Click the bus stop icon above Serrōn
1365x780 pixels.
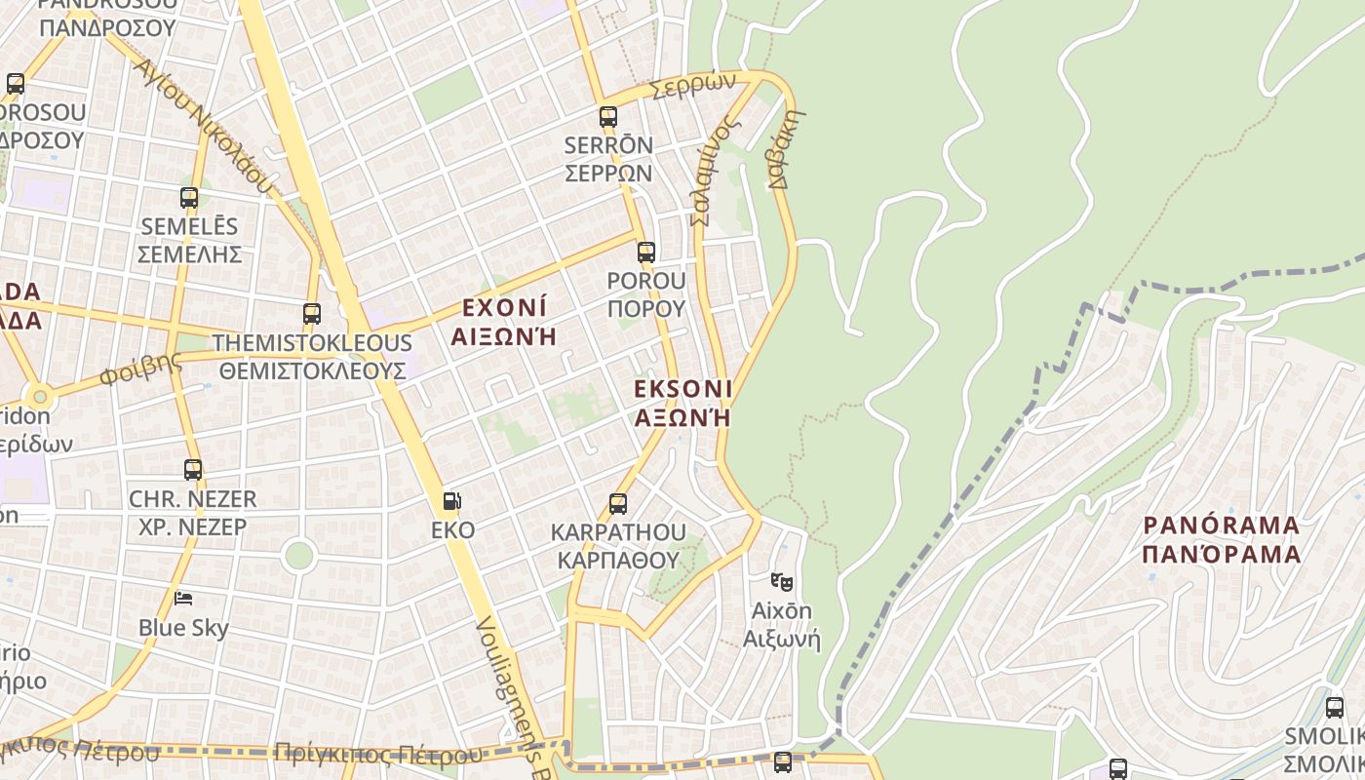point(608,118)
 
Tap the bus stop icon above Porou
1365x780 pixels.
point(645,253)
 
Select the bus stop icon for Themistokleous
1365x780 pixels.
point(312,314)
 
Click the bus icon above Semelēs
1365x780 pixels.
point(189,198)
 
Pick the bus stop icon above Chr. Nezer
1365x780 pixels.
point(193,470)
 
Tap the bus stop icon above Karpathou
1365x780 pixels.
point(617,504)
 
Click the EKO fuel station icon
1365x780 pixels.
point(452,502)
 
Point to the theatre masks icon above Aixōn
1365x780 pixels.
point(781,582)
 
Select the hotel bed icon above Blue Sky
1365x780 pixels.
point(182,598)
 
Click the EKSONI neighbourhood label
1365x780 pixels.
point(682,389)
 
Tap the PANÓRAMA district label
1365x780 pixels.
point(1222,526)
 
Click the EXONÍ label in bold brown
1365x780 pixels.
point(504,309)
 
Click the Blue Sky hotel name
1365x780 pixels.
point(183,628)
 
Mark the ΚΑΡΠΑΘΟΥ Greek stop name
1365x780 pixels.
point(618,561)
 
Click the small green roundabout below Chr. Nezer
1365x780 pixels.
point(298,556)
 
